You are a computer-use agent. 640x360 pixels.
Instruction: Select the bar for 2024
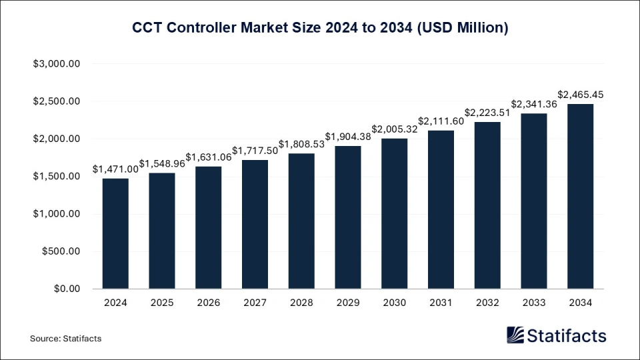[115, 233]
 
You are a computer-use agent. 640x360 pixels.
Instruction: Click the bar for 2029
[347, 217]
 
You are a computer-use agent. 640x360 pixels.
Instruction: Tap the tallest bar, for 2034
[580, 197]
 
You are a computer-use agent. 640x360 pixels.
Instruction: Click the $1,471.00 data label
[117, 169]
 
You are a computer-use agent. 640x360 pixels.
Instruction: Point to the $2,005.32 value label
[395, 129]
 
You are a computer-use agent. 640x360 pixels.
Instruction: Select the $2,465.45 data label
[580, 95]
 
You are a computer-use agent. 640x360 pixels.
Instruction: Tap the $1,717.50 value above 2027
[255, 151]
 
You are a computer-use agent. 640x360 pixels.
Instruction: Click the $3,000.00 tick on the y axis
[57, 64]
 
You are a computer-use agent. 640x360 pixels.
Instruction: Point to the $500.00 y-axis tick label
[61, 251]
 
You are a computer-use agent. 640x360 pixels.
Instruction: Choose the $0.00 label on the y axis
[66, 289]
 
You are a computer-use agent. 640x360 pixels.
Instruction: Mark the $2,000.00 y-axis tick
[57, 139]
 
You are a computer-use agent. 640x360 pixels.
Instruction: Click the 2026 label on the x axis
[208, 302]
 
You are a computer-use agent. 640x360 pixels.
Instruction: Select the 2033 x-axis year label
[533, 302]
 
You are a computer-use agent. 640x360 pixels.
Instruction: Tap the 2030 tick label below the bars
[394, 302]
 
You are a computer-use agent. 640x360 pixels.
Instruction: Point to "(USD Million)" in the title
[465, 28]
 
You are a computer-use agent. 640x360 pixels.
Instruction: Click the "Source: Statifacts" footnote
[65, 339]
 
